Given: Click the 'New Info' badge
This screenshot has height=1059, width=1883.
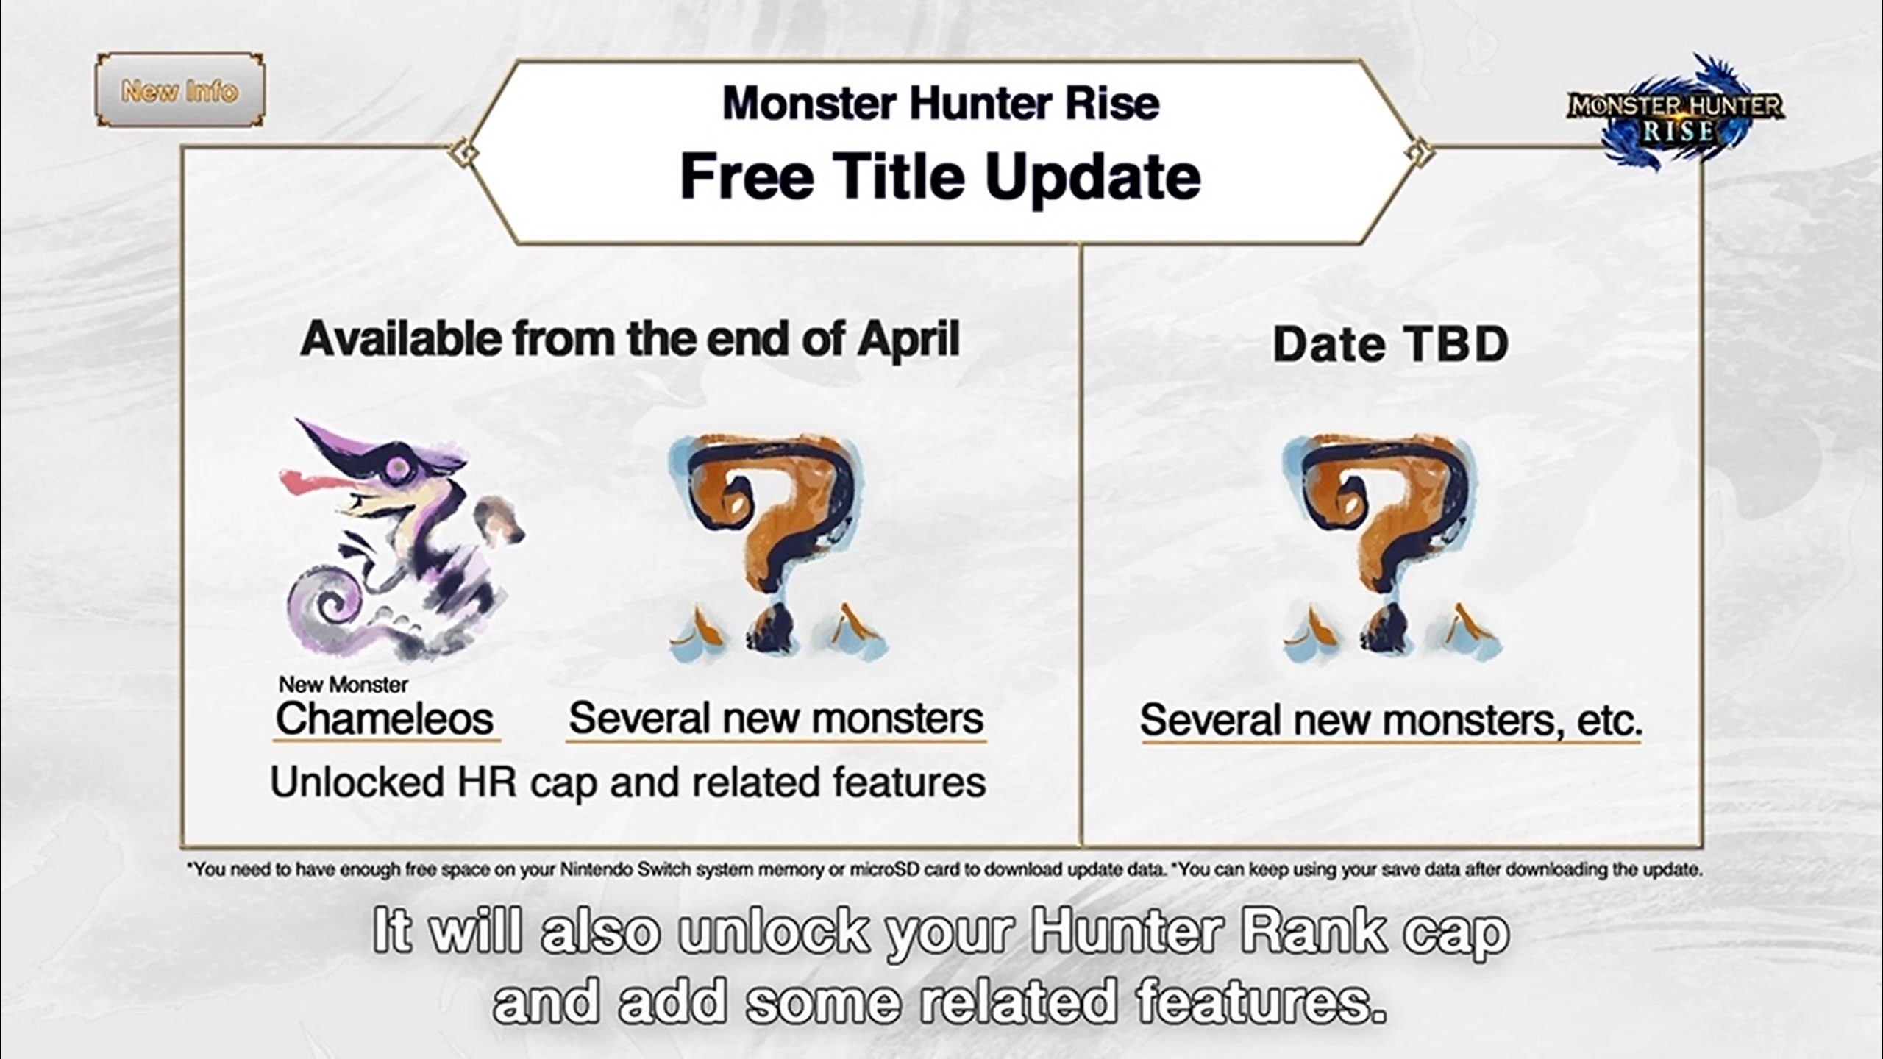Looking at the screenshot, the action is pos(179,90).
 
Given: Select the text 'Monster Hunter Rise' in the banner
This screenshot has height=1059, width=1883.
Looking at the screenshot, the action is pos(941,103).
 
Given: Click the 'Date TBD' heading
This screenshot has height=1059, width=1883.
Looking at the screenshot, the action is pos(1390,343).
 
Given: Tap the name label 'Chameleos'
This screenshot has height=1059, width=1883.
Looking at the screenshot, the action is pos(385,719).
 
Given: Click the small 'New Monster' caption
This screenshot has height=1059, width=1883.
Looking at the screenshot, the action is pos(343,685).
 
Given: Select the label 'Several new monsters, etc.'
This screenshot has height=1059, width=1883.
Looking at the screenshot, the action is pos(1391,720).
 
